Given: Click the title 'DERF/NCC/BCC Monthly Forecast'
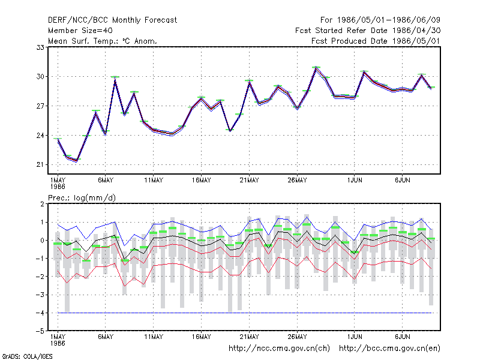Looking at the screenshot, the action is (112, 20).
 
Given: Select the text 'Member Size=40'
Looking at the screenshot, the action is (80, 31).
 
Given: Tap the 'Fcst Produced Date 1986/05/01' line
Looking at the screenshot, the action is (376, 41).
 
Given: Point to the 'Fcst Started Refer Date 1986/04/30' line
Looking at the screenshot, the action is (368, 31).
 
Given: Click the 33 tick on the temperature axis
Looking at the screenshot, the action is (40, 47).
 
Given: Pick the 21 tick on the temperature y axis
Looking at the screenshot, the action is (40, 164).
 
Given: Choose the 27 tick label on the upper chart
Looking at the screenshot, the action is (40, 106).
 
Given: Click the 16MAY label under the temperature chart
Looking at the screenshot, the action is (202, 181).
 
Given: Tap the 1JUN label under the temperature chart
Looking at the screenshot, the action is (355, 181).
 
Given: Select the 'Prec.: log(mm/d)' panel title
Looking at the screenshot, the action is (82, 198).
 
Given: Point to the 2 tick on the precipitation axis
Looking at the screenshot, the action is (42, 204).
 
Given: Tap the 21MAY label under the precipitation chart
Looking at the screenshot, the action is (249, 337).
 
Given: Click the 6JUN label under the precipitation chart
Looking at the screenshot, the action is (402, 337).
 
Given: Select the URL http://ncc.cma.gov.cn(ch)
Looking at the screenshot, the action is (279, 349).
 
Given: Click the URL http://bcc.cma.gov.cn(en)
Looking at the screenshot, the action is (389, 349).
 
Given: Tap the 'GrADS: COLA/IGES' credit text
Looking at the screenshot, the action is (27, 356).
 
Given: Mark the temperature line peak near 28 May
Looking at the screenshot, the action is (316, 68).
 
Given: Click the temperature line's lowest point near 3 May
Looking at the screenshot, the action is (77, 161).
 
